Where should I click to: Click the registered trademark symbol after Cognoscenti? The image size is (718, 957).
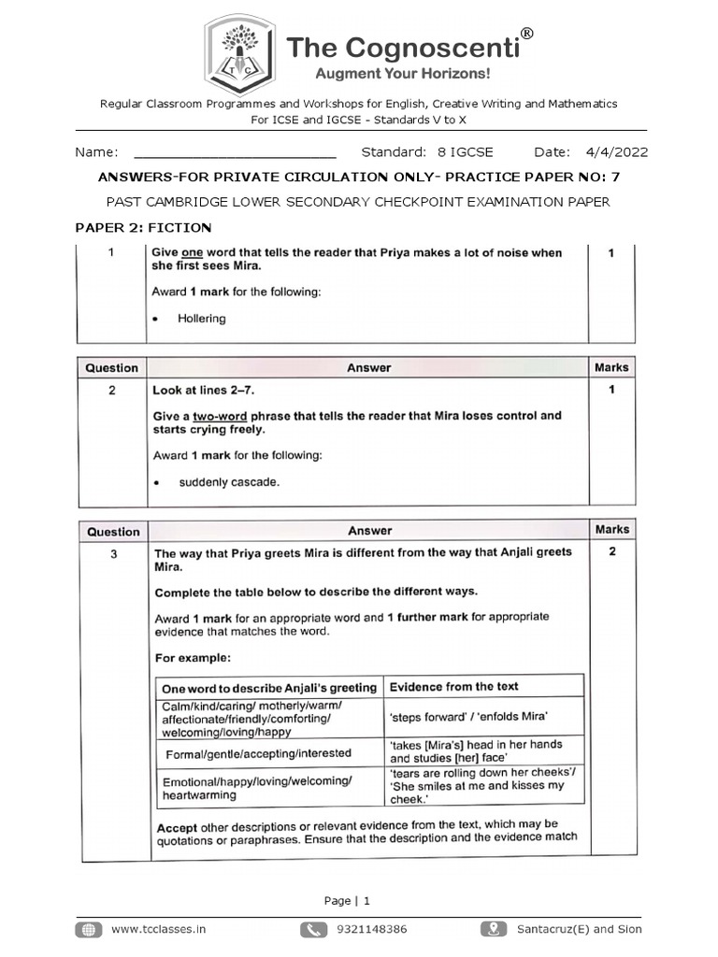point(526,34)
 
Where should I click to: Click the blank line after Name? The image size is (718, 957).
point(235,153)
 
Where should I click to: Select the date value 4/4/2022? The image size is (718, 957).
point(616,152)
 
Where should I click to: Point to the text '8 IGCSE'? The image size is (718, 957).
point(465,152)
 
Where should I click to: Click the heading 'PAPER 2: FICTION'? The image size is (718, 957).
point(143,227)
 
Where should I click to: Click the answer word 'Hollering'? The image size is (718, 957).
point(202,319)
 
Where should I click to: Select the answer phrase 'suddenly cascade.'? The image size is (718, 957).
point(229,482)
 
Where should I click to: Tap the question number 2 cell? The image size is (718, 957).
point(112,391)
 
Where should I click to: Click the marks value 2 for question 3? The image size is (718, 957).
point(612,551)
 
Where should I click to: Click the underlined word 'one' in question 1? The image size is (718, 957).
point(192,253)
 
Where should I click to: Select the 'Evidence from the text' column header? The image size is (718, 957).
point(453,687)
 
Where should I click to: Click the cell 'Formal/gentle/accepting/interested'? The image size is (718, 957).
point(258,753)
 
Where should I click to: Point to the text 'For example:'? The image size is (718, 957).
point(193,657)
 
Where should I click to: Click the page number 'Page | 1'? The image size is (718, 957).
point(347,901)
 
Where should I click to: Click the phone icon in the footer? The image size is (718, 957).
point(314,929)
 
